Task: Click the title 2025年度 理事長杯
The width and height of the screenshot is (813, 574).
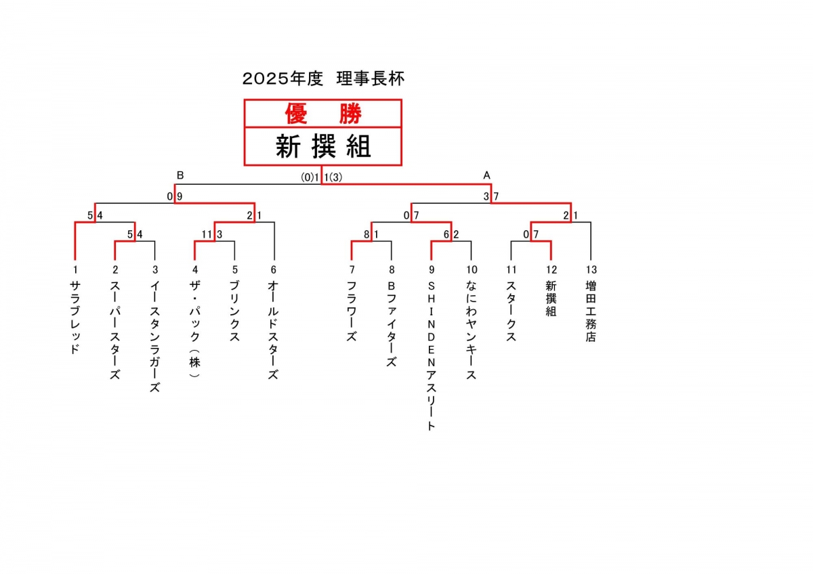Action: (x=323, y=79)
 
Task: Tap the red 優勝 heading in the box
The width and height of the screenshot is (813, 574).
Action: (x=323, y=114)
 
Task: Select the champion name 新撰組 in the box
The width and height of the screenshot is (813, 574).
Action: (x=323, y=146)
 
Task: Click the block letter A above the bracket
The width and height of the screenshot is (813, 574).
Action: (x=486, y=175)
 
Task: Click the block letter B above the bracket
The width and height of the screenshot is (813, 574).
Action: (x=180, y=175)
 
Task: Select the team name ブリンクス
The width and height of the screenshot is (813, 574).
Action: (x=234, y=312)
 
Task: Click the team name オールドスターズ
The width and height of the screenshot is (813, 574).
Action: (x=274, y=331)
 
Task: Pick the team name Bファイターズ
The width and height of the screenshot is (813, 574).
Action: (x=391, y=324)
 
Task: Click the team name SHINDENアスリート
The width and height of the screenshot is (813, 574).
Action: (x=431, y=355)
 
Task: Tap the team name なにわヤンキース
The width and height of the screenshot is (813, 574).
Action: (x=471, y=331)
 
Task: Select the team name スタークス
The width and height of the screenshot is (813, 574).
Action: (x=511, y=312)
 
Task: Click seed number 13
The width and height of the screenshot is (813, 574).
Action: (x=591, y=269)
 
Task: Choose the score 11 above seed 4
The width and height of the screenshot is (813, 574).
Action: (x=207, y=235)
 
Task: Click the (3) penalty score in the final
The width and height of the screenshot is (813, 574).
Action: (x=337, y=177)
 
